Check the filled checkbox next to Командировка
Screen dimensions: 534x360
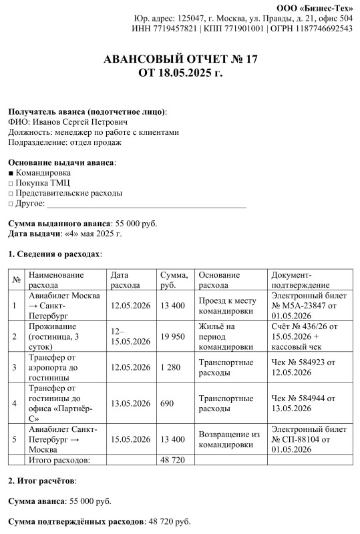pyautogui.click(x=11, y=172)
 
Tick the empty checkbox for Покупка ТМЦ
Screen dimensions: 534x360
pyautogui.click(x=11, y=182)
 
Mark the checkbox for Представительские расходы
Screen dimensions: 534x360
pyautogui.click(x=11, y=193)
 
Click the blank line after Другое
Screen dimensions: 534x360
pyautogui.click(x=147, y=204)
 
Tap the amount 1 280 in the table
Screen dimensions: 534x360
pyautogui.click(x=171, y=367)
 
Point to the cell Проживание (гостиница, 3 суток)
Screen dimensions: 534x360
pyautogui.click(x=64, y=336)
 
